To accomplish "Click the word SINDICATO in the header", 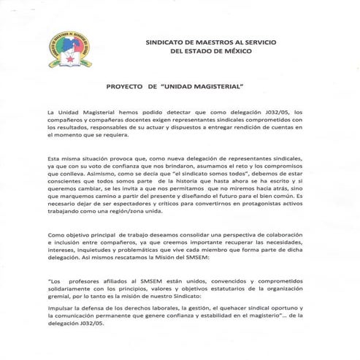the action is [x=167, y=42].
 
